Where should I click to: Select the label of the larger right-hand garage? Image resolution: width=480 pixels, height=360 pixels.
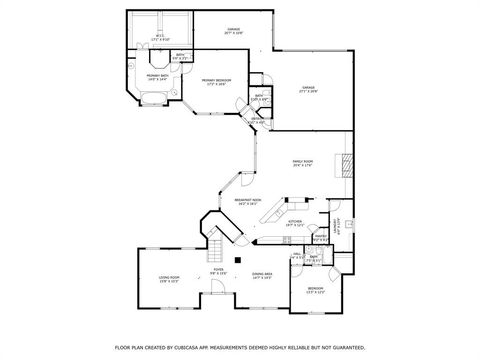pyautogui.click(x=308, y=90)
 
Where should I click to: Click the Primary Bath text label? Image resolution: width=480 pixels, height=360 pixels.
pyautogui.click(x=157, y=76)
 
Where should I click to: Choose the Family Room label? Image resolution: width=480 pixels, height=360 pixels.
pyautogui.click(x=301, y=165)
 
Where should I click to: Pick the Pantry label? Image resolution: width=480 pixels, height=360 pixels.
pyautogui.click(x=320, y=238)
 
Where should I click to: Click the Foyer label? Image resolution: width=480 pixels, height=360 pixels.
pyautogui.click(x=218, y=270)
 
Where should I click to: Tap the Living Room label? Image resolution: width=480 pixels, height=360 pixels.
pyautogui.click(x=169, y=279)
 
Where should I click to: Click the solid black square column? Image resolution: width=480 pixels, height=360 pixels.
pyautogui.click(x=237, y=259)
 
